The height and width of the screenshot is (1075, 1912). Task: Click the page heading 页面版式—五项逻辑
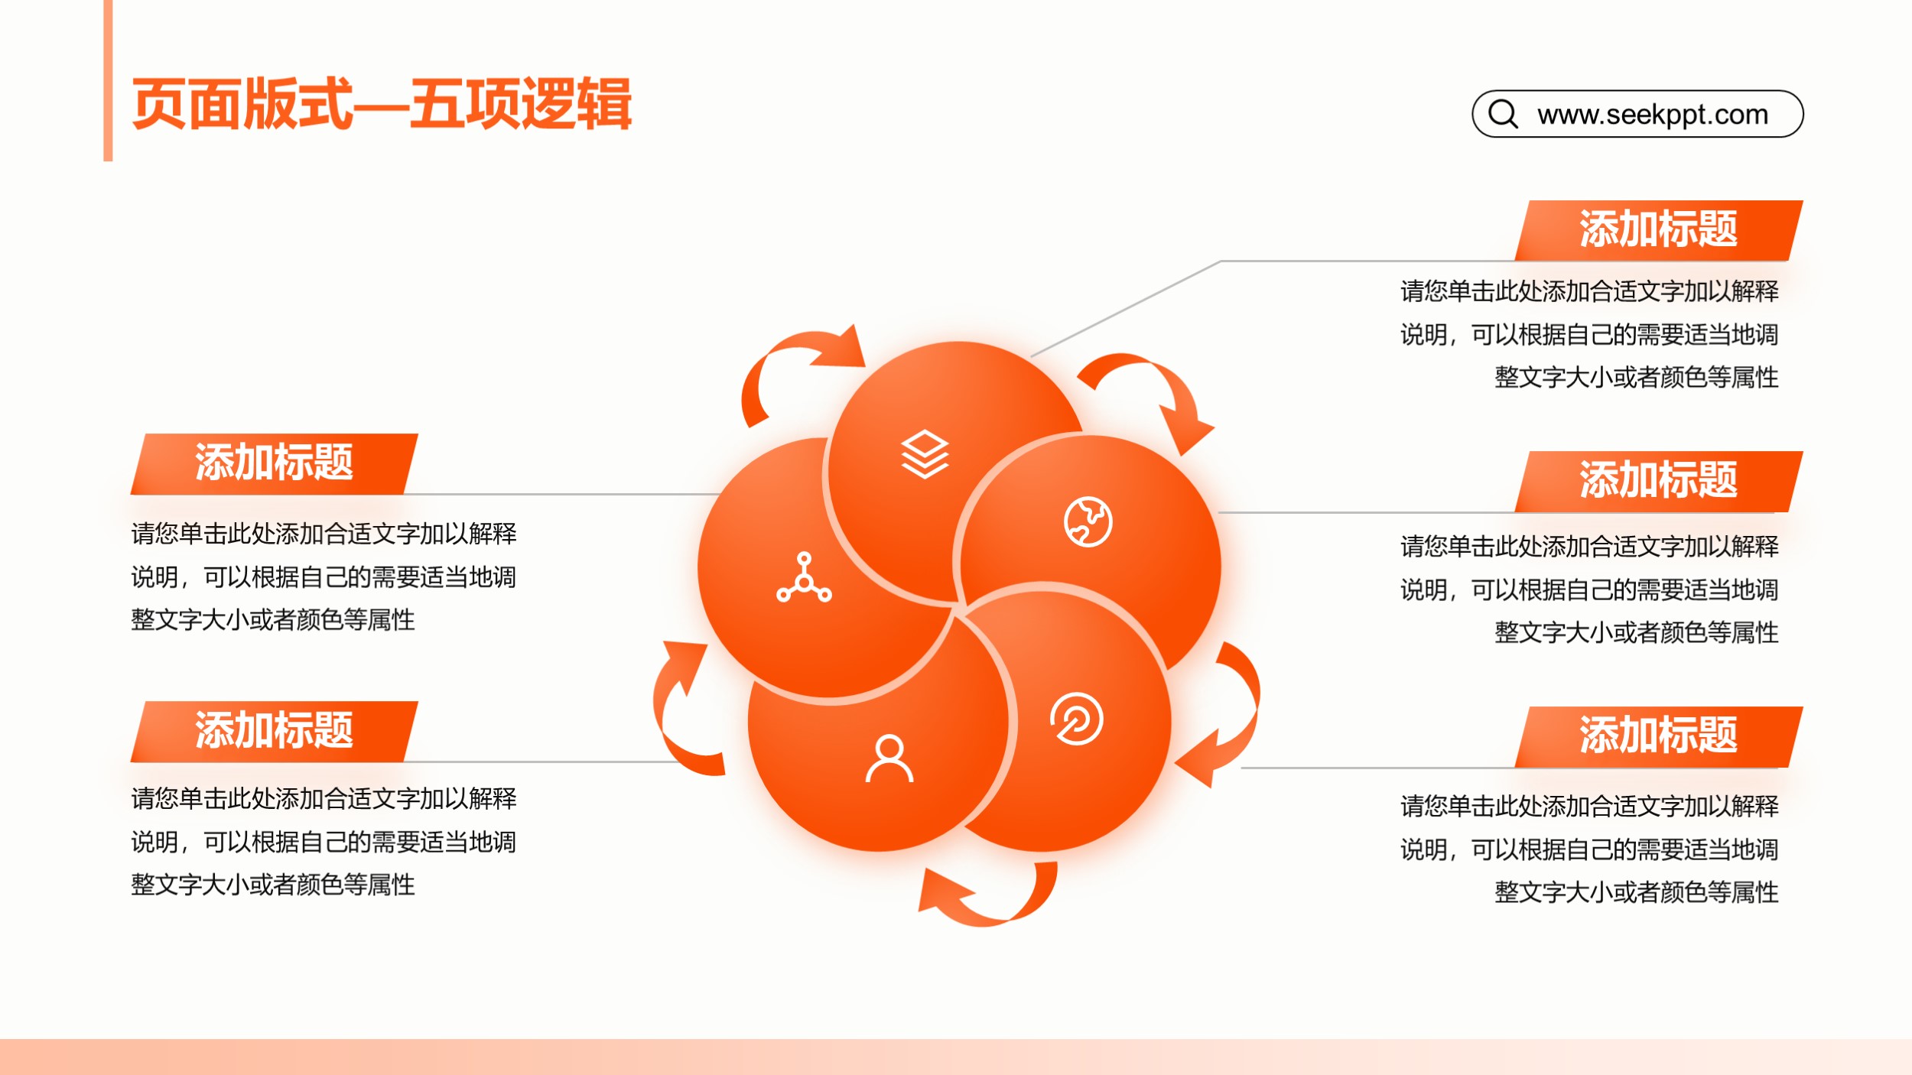click(x=382, y=104)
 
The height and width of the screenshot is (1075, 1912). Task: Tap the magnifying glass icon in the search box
click(x=1503, y=114)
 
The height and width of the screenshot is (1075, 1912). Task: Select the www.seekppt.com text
click(x=1653, y=115)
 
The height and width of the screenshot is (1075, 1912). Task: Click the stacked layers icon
click(x=925, y=454)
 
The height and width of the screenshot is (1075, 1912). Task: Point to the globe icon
click(x=1088, y=522)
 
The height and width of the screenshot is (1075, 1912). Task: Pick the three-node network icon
click(x=804, y=577)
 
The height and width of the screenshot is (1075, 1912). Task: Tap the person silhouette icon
click(x=889, y=758)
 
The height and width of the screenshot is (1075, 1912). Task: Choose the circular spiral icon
click(x=1077, y=719)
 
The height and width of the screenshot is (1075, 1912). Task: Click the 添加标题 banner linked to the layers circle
click(x=1658, y=230)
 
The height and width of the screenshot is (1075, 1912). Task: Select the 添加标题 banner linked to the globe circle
click(x=1658, y=481)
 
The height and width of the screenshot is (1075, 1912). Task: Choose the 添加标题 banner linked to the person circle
click(x=274, y=731)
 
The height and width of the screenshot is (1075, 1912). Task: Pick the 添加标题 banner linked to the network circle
click(x=274, y=463)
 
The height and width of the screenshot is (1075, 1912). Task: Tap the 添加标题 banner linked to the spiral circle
click(x=1658, y=736)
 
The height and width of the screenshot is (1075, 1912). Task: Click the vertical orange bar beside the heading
click(x=108, y=80)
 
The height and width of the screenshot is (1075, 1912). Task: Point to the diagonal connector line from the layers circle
click(x=1126, y=308)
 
